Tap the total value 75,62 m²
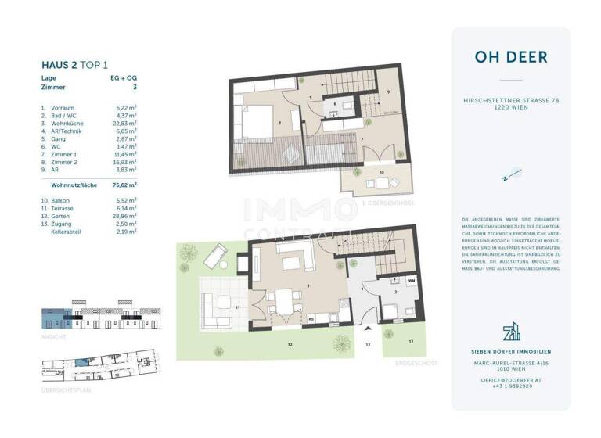click(124, 185)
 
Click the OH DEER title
click(511, 57)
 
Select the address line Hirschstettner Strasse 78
click(511, 101)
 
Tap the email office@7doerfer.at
click(511, 379)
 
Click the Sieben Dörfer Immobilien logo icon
click(511, 332)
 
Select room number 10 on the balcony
click(382, 171)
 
